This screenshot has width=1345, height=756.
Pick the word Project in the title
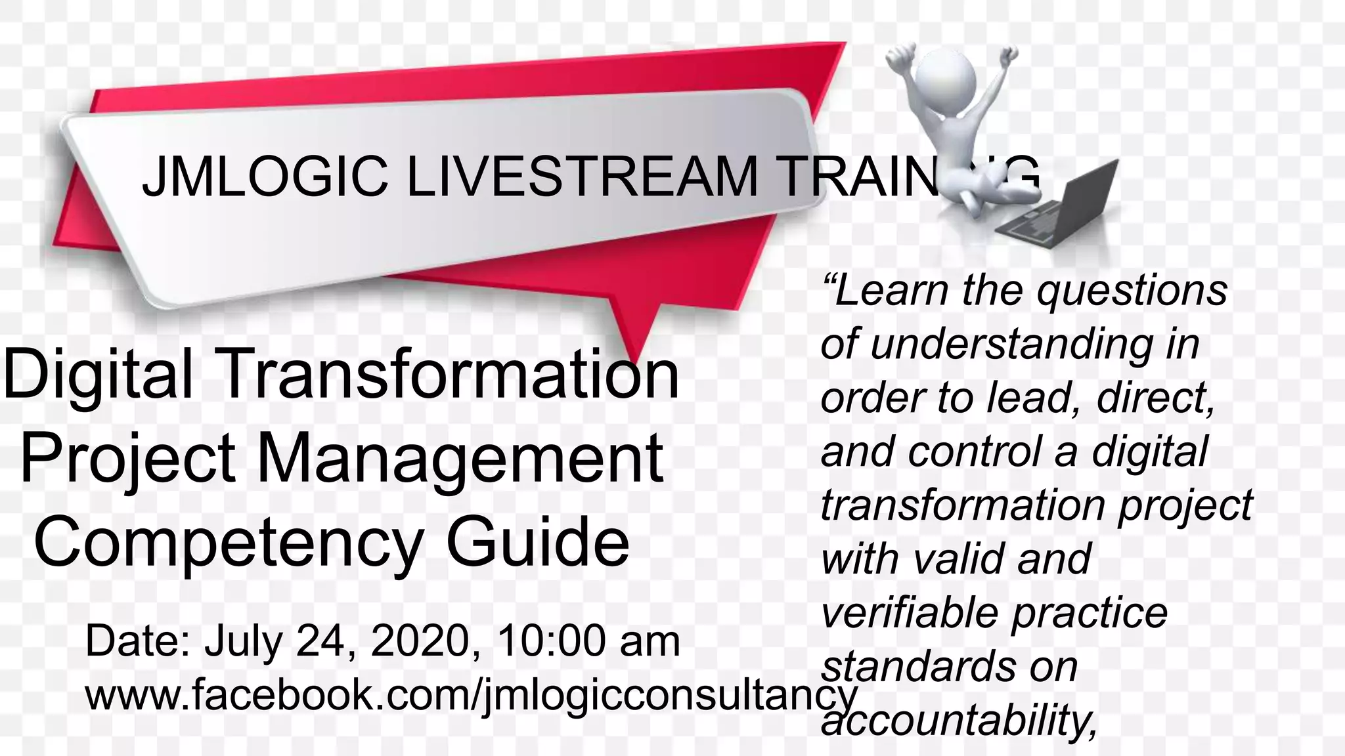(127, 459)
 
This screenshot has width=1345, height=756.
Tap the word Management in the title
(460, 459)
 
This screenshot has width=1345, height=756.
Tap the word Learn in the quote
(891, 290)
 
